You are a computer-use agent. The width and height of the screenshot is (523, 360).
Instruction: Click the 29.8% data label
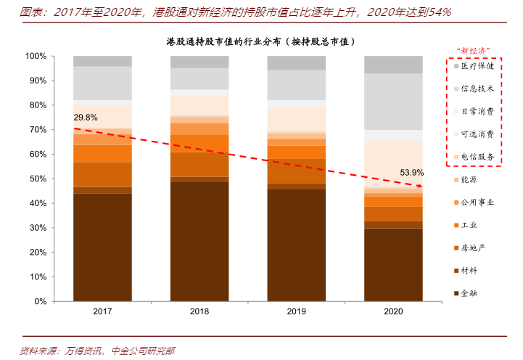86,117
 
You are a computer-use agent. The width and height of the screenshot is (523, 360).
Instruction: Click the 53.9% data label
412,173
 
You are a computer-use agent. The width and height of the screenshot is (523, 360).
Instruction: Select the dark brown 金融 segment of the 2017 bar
102,247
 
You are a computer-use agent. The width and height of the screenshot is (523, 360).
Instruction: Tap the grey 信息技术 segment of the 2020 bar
393,102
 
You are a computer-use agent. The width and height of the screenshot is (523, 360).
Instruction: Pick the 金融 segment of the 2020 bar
393,264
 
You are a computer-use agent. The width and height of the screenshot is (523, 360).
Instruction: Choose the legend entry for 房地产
473,247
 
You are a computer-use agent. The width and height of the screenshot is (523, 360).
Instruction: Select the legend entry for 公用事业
477,202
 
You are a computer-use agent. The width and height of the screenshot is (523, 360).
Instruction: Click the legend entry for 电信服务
477,157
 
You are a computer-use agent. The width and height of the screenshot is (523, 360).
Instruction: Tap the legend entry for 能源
469,179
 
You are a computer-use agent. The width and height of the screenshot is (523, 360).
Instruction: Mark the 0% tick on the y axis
39,301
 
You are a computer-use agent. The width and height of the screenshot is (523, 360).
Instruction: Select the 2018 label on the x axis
199,311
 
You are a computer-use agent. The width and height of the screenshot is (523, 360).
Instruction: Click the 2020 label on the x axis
393,311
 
